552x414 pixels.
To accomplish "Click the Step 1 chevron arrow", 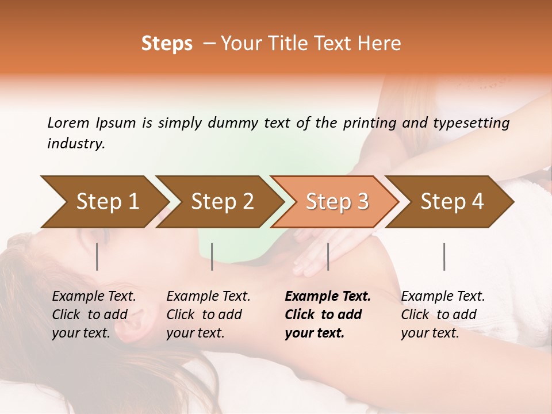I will pos(103,202).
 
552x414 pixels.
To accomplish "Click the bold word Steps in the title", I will pos(167,43).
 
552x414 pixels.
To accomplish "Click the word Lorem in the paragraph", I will pos(68,122).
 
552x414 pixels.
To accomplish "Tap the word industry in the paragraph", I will pos(75,144).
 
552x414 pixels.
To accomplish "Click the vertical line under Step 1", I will pos(97,256).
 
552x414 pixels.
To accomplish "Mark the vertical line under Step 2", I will pos(212,256).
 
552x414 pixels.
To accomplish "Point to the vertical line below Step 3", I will pos(328,256).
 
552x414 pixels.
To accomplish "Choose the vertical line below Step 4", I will pos(444,256).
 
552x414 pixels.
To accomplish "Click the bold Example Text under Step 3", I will pos(328,296).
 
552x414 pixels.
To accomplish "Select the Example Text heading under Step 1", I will pos(94,296).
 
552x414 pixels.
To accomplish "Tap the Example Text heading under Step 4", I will pos(443,296).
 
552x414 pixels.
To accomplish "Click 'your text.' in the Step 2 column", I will pos(195,333).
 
